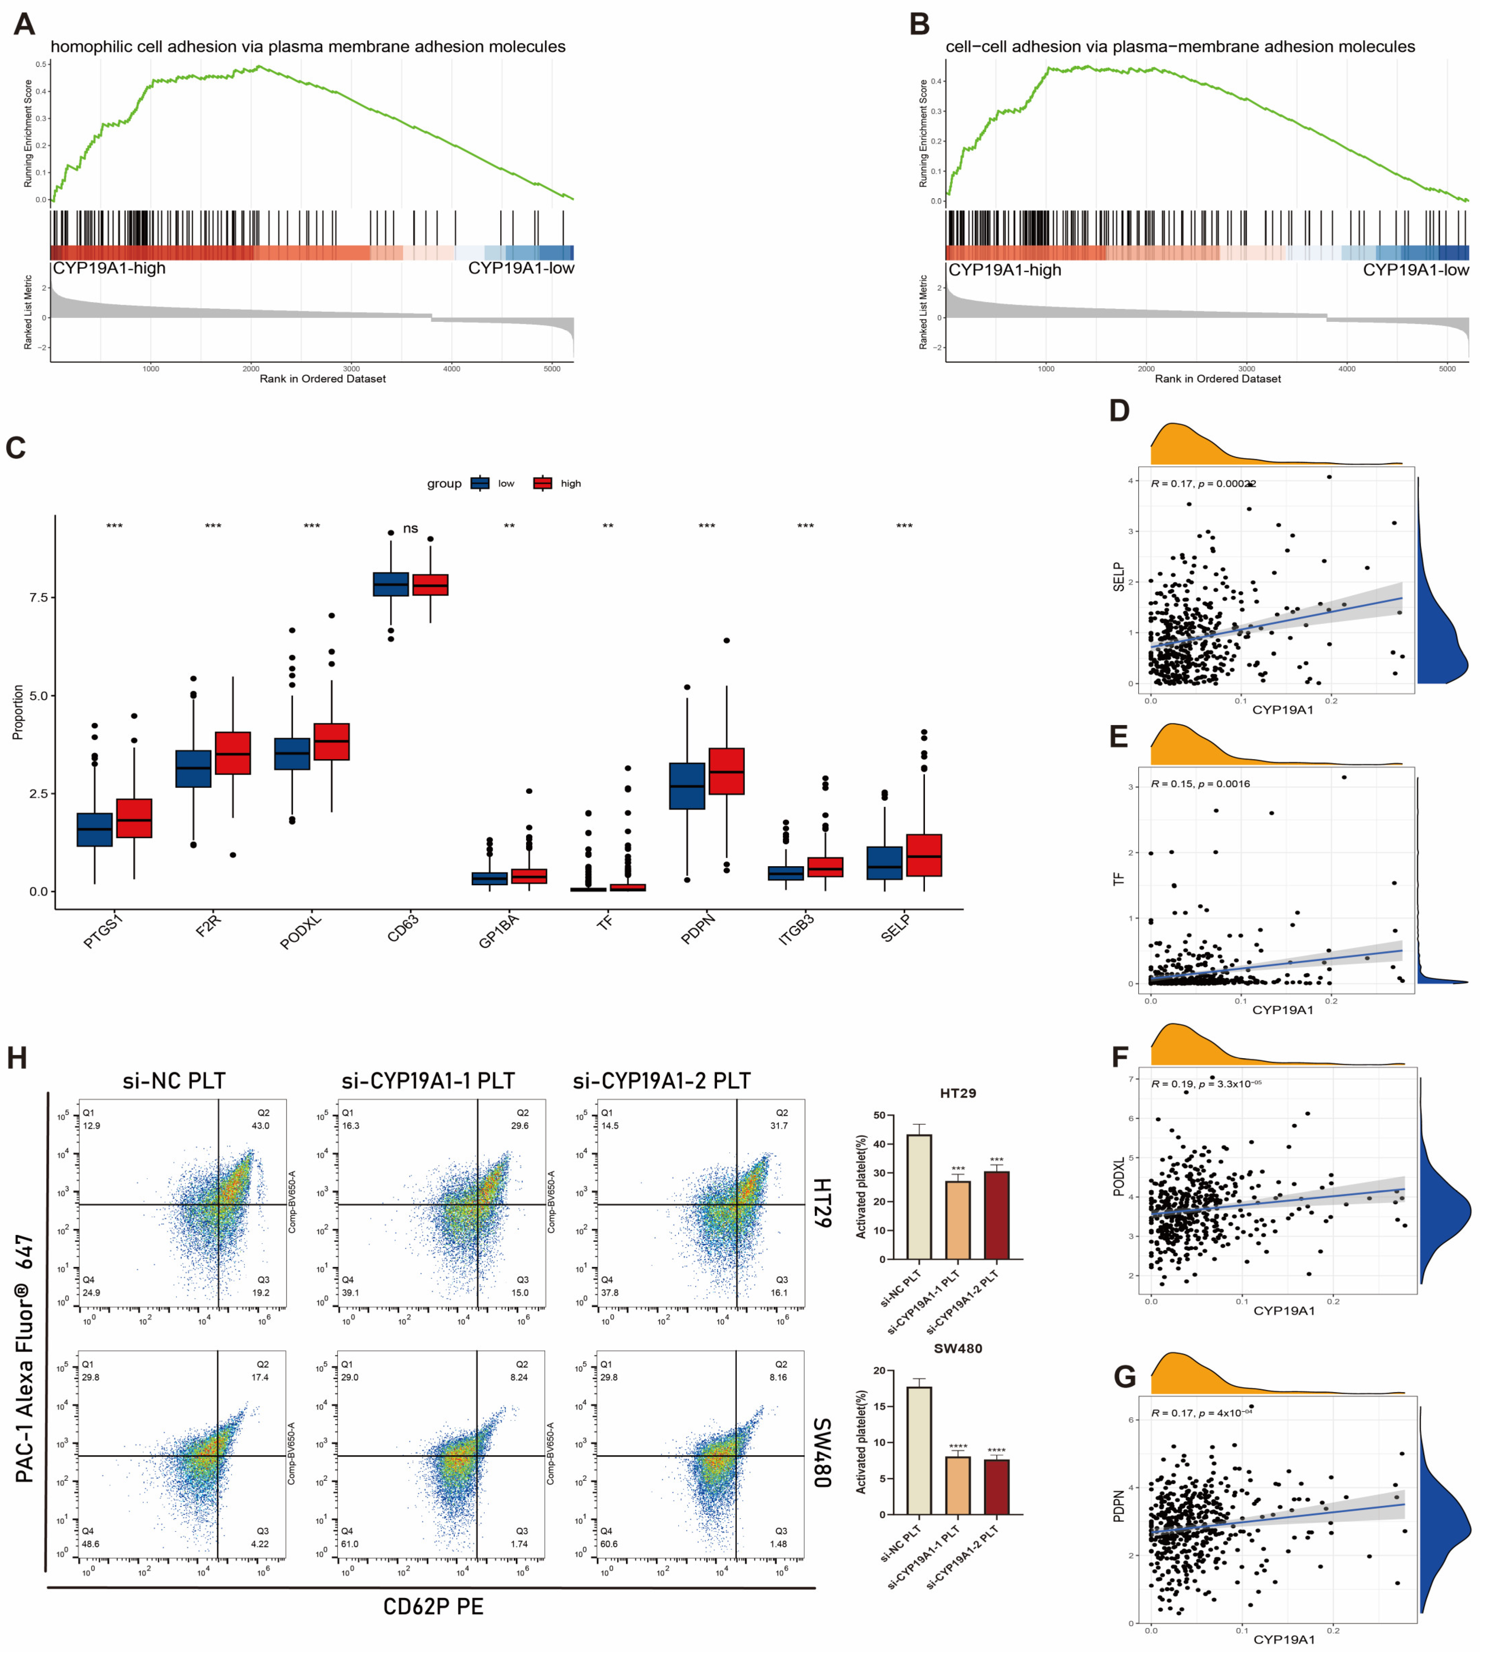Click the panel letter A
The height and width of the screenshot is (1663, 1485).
(24, 24)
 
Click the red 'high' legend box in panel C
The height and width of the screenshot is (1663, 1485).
(543, 483)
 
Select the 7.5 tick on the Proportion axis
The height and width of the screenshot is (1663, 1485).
(38, 598)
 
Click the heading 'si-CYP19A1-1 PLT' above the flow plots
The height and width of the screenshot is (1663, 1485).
(429, 1081)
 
